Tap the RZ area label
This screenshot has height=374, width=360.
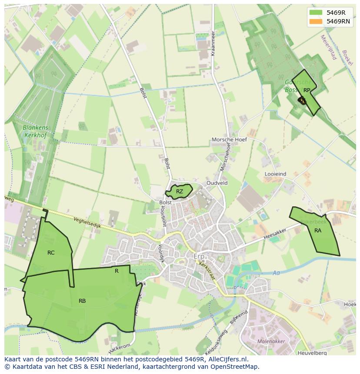coord(180,191)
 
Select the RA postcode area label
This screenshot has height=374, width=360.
coord(318,230)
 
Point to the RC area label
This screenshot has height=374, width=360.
coord(51,252)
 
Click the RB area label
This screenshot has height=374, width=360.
coord(82,301)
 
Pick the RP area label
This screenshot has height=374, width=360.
coord(307,90)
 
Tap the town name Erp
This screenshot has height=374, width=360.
coord(199,256)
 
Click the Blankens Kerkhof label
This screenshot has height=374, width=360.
coord(36,132)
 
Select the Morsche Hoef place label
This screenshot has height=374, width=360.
coord(229,139)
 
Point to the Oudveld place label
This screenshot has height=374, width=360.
coord(217,183)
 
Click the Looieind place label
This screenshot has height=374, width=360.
coord(275,174)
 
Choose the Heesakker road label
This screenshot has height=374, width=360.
coord(275,236)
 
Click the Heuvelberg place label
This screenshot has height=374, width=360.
coord(310,353)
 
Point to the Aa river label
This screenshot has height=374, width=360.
coord(276,273)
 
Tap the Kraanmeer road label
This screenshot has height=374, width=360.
coord(213,43)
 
